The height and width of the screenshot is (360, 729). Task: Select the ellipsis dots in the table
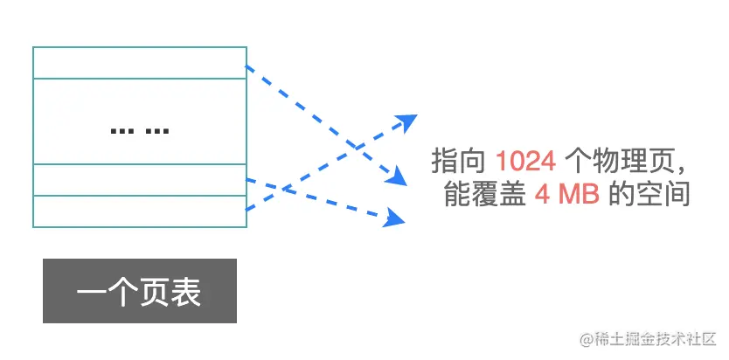click(140, 131)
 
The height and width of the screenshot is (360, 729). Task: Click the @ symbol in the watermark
click(577, 338)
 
